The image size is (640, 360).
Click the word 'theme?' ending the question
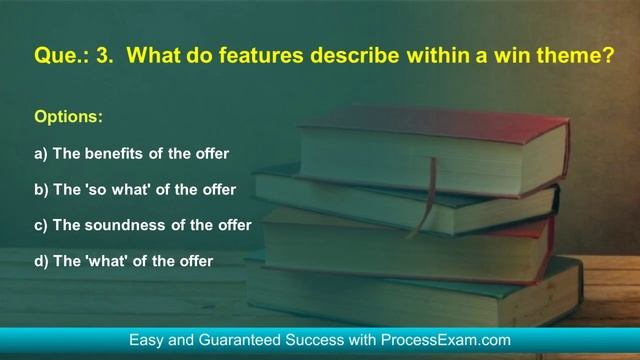coord(574,59)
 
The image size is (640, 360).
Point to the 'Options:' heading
coord(69,118)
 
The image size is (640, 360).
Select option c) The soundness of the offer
coord(142,226)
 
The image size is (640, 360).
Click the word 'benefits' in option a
coord(117,154)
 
